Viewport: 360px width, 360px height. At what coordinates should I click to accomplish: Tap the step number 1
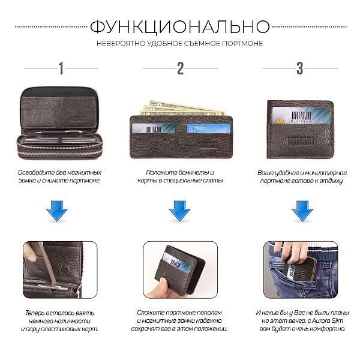tap(60, 68)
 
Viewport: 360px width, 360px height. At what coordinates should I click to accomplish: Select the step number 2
tap(180, 68)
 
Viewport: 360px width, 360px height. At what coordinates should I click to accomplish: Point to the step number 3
tap(300, 68)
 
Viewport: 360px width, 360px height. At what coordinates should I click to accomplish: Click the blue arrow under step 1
tap(58, 211)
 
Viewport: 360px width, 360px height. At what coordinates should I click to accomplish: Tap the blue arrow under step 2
tap(179, 211)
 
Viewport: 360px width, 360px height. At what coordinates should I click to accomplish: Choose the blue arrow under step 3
tap(302, 211)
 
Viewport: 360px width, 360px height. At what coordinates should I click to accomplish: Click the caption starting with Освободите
tap(59, 176)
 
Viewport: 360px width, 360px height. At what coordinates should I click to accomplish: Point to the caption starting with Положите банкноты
tap(179, 176)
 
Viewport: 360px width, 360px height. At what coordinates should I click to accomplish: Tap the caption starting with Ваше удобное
tap(300, 176)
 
